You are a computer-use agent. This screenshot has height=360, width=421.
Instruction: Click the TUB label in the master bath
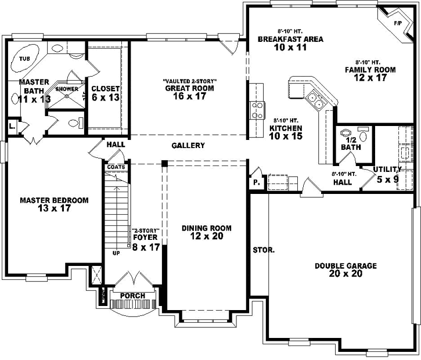coord(24,59)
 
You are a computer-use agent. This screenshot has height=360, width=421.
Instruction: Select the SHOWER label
coord(67,89)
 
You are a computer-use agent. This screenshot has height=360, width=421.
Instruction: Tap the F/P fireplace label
coord(398,23)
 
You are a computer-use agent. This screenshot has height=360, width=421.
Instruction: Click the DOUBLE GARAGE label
coord(346,266)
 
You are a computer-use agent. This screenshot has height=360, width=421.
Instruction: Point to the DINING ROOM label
coord(206,228)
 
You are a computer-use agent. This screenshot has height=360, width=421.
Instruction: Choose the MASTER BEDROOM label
coord(54,200)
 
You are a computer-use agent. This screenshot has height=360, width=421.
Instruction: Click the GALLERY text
coord(188,145)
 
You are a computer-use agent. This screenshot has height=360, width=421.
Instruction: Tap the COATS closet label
coord(115,167)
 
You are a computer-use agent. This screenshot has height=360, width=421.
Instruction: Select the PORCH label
coord(132,296)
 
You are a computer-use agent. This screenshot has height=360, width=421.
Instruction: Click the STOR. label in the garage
coord(264,251)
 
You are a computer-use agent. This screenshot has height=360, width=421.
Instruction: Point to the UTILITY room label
coord(387,169)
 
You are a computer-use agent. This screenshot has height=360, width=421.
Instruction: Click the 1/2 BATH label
coord(351,143)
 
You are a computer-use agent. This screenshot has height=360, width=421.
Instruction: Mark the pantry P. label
coord(256,182)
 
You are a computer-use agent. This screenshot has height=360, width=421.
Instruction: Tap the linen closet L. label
coord(12,126)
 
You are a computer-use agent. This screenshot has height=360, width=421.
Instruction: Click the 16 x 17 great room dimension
coord(188,96)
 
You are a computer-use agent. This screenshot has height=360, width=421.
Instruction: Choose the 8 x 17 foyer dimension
coord(146,247)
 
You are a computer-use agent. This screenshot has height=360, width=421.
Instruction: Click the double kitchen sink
coord(316,100)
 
